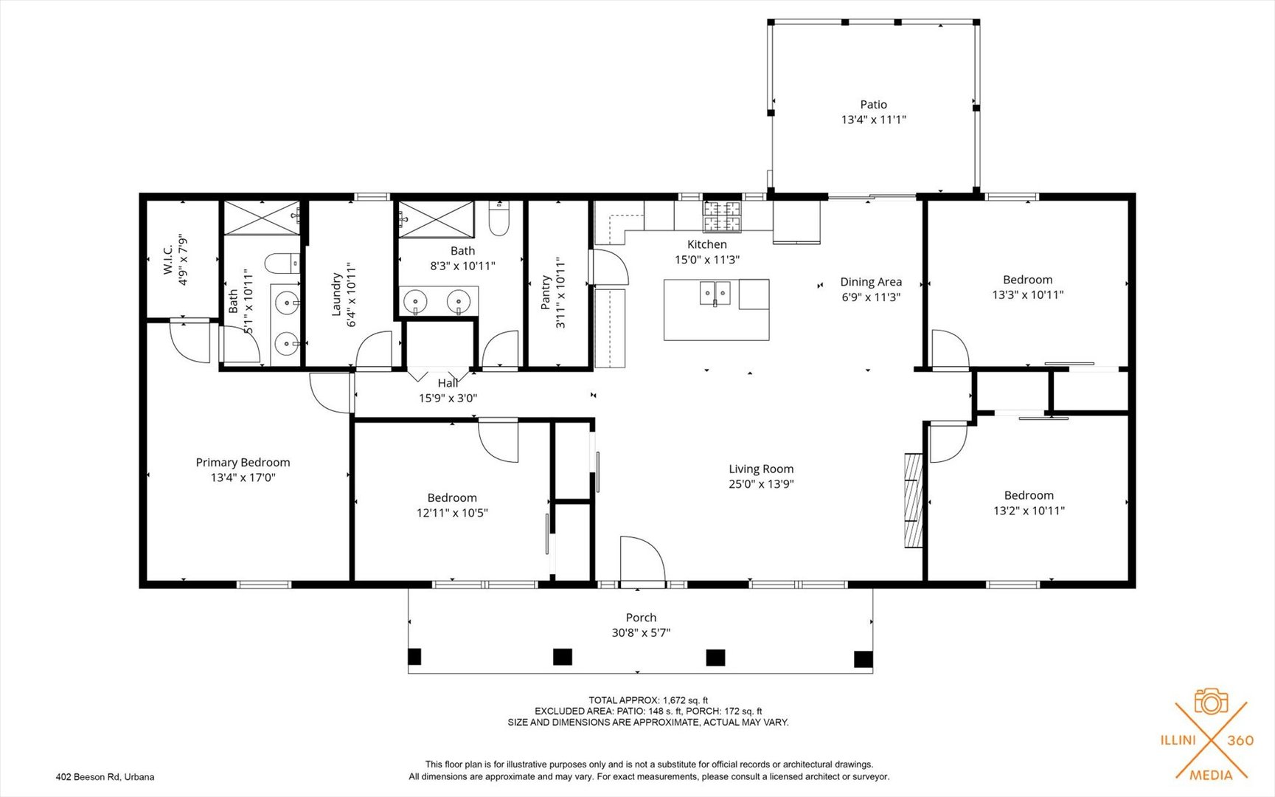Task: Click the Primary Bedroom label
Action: pos(243,463)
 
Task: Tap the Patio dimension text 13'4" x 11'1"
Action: pos(873,120)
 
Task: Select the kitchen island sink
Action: pos(715,293)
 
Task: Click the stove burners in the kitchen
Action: pos(721,215)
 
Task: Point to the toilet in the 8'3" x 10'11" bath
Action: pos(499,219)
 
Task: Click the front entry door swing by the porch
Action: pos(642,560)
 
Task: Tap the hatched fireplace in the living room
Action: pos(914,500)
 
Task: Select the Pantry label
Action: pos(546,293)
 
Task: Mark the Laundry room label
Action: pos(336,294)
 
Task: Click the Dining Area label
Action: pos(871,282)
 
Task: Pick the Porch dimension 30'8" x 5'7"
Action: pos(641,632)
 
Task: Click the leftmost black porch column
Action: pos(414,656)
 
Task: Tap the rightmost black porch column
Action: pos(862,658)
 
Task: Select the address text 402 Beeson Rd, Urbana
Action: pos(105,776)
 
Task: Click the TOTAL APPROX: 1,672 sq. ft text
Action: pos(647,700)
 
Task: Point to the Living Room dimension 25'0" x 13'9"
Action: pos(761,484)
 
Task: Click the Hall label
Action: pos(448,383)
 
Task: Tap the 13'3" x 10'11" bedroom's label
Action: pos(1027,280)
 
